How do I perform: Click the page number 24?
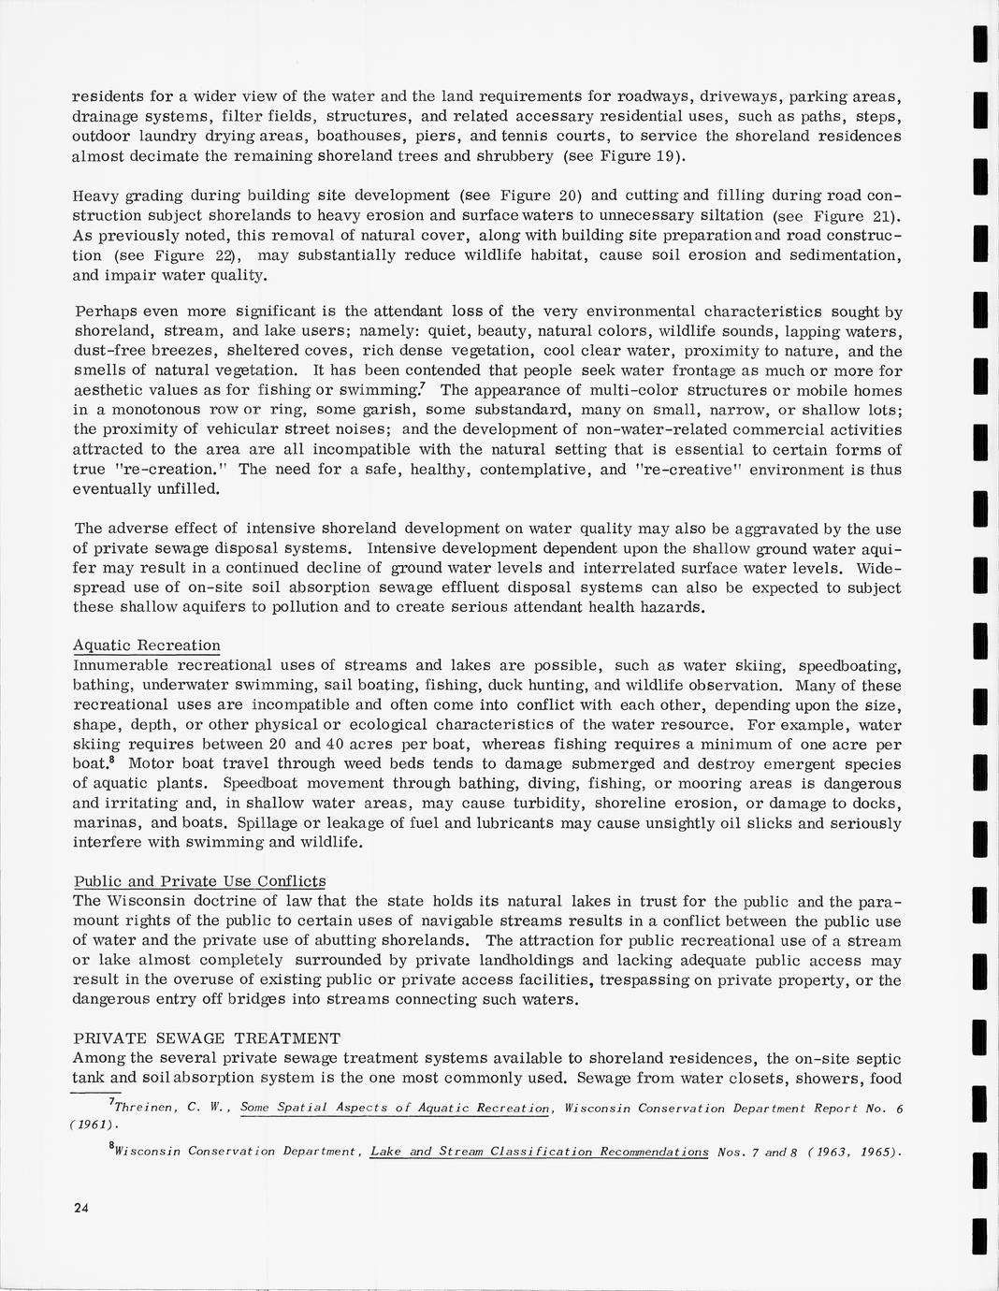point(80,1208)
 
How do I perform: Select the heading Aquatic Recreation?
point(147,645)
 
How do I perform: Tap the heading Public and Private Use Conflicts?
point(199,881)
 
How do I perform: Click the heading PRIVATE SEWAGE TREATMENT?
point(206,1038)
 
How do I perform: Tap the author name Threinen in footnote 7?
point(142,1109)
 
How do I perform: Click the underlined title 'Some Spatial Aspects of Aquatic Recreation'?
point(395,1109)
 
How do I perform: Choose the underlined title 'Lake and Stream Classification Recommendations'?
point(539,1152)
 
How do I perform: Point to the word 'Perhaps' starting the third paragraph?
point(106,312)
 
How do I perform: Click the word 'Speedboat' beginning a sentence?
point(274,784)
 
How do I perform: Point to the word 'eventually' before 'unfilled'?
point(114,489)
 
